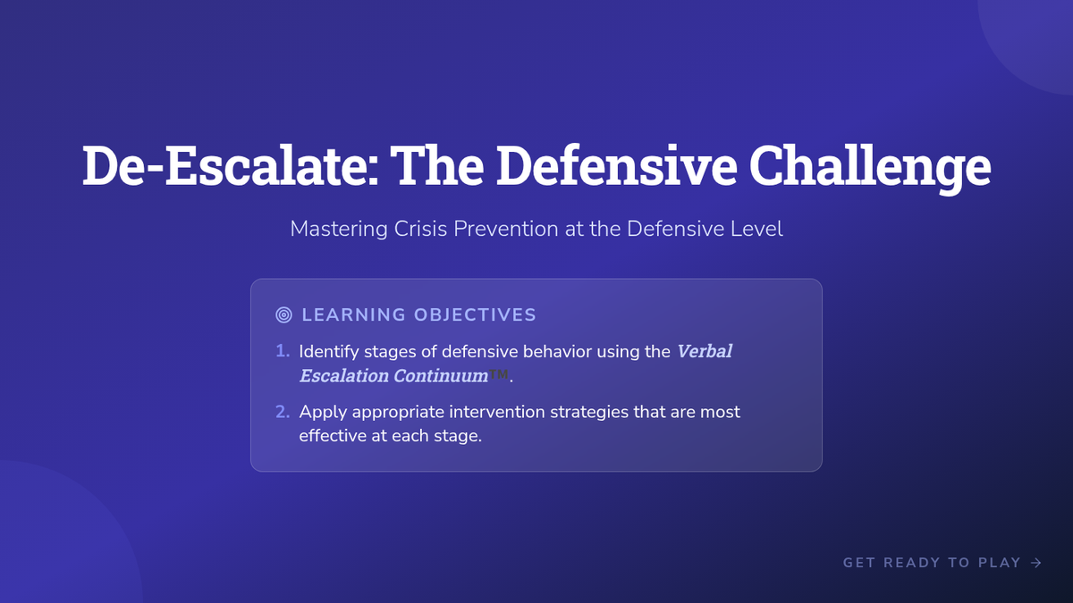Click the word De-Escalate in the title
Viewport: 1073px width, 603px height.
pos(231,165)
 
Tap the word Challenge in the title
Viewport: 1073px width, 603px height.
pos(870,169)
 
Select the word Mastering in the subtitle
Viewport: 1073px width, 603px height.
pos(339,230)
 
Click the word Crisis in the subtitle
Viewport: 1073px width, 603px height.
pos(420,229)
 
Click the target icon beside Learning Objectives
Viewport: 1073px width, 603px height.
pos(283,314)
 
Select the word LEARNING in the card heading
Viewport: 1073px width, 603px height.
pos(353,314)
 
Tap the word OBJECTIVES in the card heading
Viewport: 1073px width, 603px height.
pos(475,314)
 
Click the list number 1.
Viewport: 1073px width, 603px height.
pos(283,351)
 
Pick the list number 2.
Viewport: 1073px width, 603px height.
pos(283,412)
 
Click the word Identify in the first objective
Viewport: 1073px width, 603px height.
pos(329,352)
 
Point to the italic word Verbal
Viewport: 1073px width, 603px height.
pos(705,351)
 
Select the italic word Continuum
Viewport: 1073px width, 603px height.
pos(441,376)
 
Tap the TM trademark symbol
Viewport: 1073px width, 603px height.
pos(498,373)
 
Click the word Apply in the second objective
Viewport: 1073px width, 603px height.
pos(323,413)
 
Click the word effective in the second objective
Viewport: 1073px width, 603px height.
pos(333,436)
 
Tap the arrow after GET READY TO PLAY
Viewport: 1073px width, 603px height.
pos(1036,563)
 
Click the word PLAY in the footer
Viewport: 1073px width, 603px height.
pos(1000,563)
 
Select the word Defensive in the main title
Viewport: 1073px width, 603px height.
pos(616,165)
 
